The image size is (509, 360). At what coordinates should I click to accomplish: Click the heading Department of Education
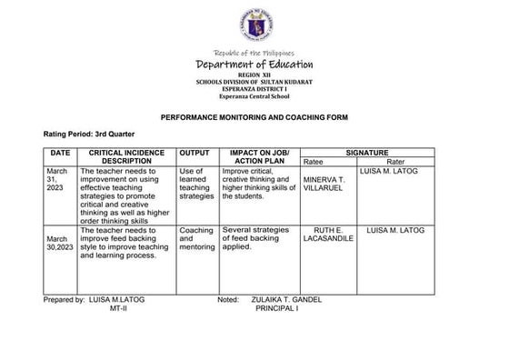click(x=254, y=65)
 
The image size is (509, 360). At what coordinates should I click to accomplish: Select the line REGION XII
click(x=254, y=75)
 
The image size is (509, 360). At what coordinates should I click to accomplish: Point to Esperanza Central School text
click(x=254, y=95)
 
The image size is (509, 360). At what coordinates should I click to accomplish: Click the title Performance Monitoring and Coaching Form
click(x=254, y=117)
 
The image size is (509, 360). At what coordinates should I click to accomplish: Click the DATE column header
click(x=60, y=154)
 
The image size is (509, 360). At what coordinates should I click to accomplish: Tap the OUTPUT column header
click(x=195, y=154)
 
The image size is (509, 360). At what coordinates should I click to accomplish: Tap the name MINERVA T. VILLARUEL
click(x=324, y=185)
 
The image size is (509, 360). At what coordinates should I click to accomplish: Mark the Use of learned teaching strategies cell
click(x=195, y=183)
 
